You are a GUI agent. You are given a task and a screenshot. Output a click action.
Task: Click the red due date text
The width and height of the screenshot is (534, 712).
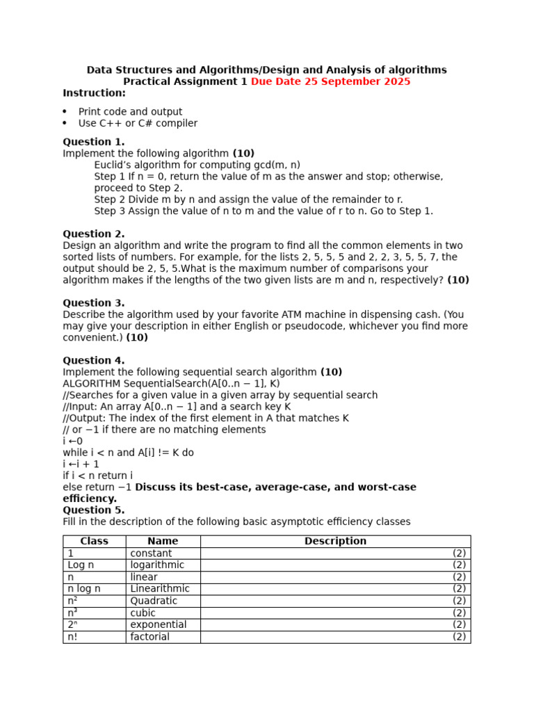[330, 81]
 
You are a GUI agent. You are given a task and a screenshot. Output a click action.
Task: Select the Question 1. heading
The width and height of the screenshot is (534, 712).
[94, 142]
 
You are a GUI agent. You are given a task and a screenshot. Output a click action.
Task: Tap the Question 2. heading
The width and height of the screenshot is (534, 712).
[94, 234]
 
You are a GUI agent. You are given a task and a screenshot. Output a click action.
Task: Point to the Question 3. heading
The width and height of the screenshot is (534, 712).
[94, 303]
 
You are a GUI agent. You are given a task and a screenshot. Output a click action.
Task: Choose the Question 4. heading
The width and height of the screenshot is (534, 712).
[94, 360]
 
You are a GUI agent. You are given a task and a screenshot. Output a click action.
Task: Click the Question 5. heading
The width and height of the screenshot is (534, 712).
[94, 510]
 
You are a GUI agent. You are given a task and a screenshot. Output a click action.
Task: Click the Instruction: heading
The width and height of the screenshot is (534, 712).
[95, 93]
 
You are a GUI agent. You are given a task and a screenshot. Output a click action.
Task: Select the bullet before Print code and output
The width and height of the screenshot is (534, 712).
[65, 112]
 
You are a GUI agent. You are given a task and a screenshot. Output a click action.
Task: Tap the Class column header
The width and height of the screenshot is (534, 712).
[95, 541]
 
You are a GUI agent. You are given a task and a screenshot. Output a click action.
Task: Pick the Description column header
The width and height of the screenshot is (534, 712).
[335, 541]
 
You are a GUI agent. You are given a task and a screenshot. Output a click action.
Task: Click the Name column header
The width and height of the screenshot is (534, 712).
[163, 541]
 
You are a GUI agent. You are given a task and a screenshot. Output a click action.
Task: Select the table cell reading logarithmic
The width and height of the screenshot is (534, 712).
[157, 565]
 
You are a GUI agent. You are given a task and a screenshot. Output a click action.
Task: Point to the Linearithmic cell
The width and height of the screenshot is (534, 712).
[160, 589]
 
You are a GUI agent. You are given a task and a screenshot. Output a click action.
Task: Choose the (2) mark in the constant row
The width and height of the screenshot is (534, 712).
[459, 553]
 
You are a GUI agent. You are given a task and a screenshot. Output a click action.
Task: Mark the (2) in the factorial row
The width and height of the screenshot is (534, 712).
[459, 637]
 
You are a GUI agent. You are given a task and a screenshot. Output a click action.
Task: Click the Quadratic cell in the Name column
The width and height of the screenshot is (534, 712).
[154, 601]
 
